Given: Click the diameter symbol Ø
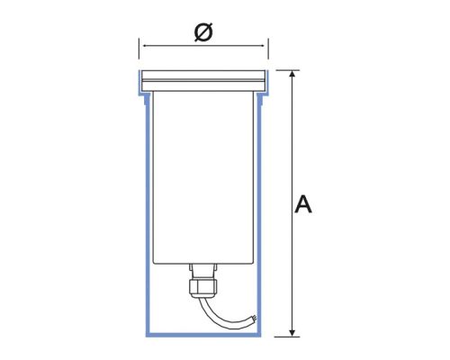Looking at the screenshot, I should click(204, 32).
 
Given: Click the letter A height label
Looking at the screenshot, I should click(303, 205).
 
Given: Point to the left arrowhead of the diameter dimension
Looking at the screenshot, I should click(143, 43).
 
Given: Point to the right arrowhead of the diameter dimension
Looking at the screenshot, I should click(265, 43).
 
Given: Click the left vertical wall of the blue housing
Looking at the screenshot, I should click(148, 216).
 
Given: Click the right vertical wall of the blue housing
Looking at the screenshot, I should click(260, 216).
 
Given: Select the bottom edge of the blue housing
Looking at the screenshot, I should click(203, 335).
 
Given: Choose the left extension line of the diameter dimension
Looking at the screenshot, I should click(139, 50).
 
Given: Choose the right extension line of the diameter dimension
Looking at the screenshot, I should click(268, 50).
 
